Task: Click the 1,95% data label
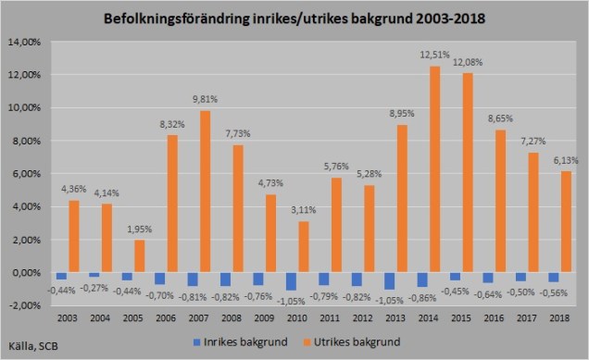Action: point(140,230)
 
